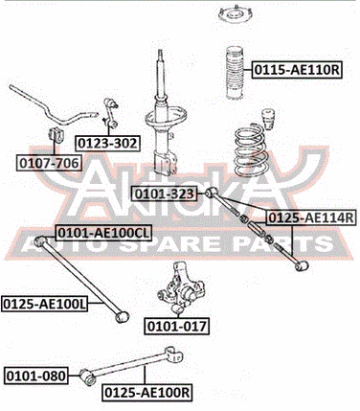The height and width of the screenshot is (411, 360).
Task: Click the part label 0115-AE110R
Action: pyautogui.click(x=297, y=70)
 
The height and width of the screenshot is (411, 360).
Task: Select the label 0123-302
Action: pyautogui.click(x=107, y=144)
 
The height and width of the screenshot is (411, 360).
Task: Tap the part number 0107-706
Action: pyautogui.click(x=49, y=163)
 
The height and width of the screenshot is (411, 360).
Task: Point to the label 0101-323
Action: pyautogui.click(x=165, y=194)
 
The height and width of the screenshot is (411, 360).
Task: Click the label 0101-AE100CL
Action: pyautogui.click(x=103, y=233)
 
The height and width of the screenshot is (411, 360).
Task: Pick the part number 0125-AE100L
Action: pyautogui.click(x=44, y=304)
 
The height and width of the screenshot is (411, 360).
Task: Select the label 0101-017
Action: pyautogui.click(x=177, y=327)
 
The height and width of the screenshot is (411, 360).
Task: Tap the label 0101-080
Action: pyautogui.click(x=36, y=376)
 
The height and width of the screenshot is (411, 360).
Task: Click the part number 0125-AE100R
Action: pyautogui.click(x=147, y=393)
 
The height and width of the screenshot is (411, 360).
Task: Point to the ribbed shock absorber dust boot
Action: pyautogui.click(x=236, y=73)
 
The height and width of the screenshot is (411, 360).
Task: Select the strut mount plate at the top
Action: pyautogui.click(x=236, y=14)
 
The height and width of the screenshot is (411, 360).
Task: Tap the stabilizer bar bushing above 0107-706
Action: pyautogui.click(x=56, y=135)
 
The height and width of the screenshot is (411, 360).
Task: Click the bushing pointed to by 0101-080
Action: pyautogui.click(x=87, y=377)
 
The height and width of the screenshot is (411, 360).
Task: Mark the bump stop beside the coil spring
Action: pyautogui.click(x=270, y=120)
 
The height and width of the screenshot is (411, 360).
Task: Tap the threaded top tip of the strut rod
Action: pyautogui.click(x=161, y=53)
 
